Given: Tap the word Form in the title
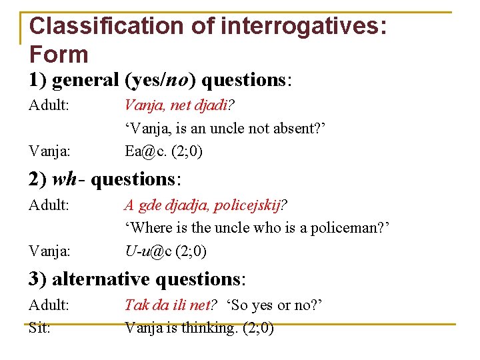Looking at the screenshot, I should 59,55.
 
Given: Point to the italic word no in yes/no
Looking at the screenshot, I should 177,80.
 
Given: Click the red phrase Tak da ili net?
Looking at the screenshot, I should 171,305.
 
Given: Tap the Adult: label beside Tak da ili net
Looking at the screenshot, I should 49,305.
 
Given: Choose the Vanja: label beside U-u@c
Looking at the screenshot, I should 49,251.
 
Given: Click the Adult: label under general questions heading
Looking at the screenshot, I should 49,105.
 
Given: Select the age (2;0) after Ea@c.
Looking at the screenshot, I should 187,151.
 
